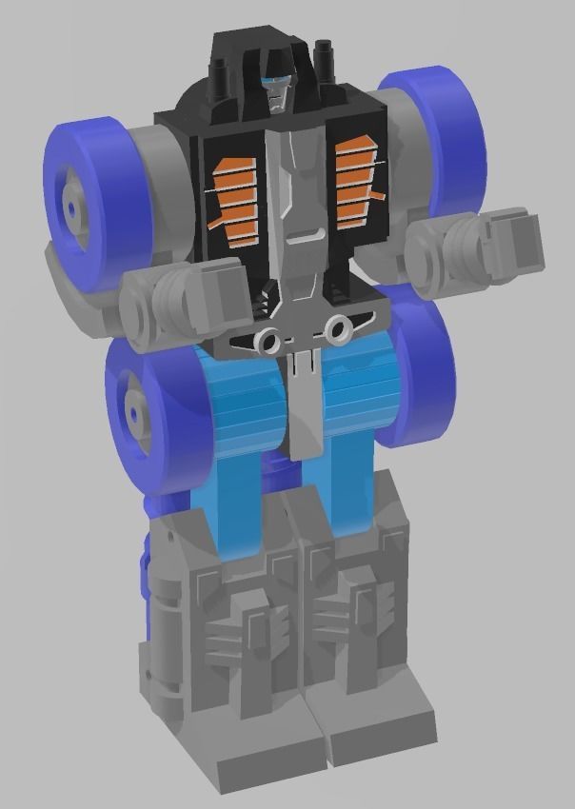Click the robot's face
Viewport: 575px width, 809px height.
276,92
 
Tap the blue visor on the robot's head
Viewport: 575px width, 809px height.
274,81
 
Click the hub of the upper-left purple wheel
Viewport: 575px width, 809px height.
70,203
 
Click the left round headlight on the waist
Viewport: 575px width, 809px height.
269,341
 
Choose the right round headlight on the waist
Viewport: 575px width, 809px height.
335,329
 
